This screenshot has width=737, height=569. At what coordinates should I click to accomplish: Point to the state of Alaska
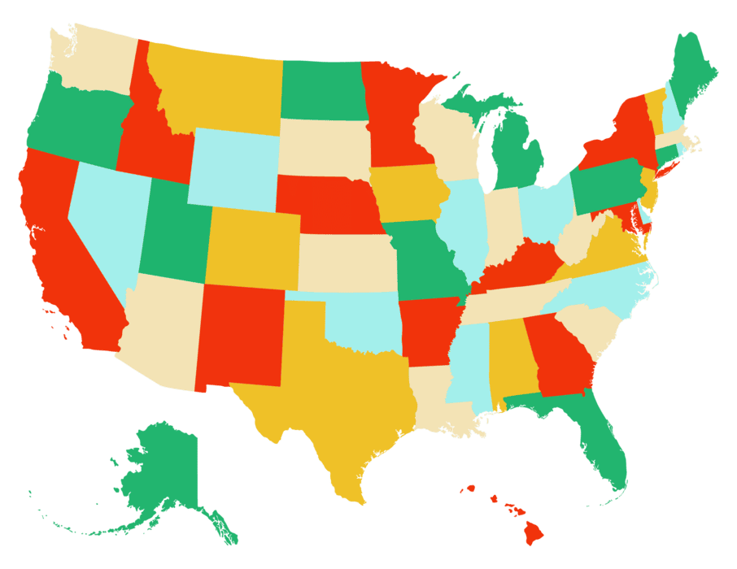[163, 471]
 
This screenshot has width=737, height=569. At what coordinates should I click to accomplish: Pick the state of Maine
[694, 77]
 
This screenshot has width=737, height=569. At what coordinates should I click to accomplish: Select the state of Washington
[94, 61]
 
